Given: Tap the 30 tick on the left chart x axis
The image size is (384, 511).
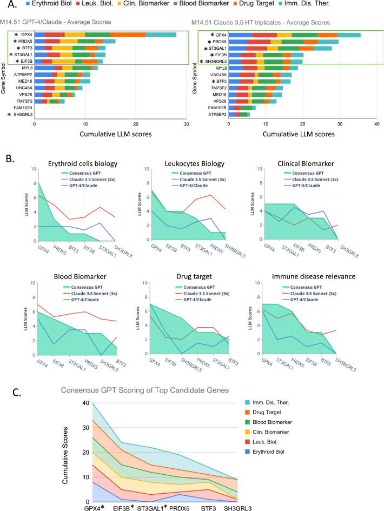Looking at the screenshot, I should tap(186, 124).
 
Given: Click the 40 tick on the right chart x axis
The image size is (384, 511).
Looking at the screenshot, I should tap(376, 124).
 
